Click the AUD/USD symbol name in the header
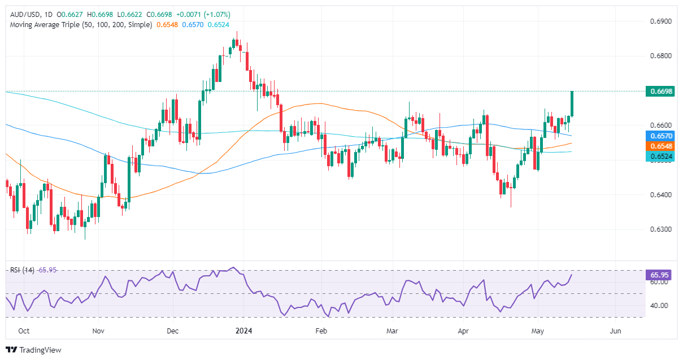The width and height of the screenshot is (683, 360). tap(23, 14)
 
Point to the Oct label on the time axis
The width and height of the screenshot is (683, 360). tap(24, 331)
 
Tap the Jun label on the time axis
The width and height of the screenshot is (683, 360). tap(616, 331)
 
